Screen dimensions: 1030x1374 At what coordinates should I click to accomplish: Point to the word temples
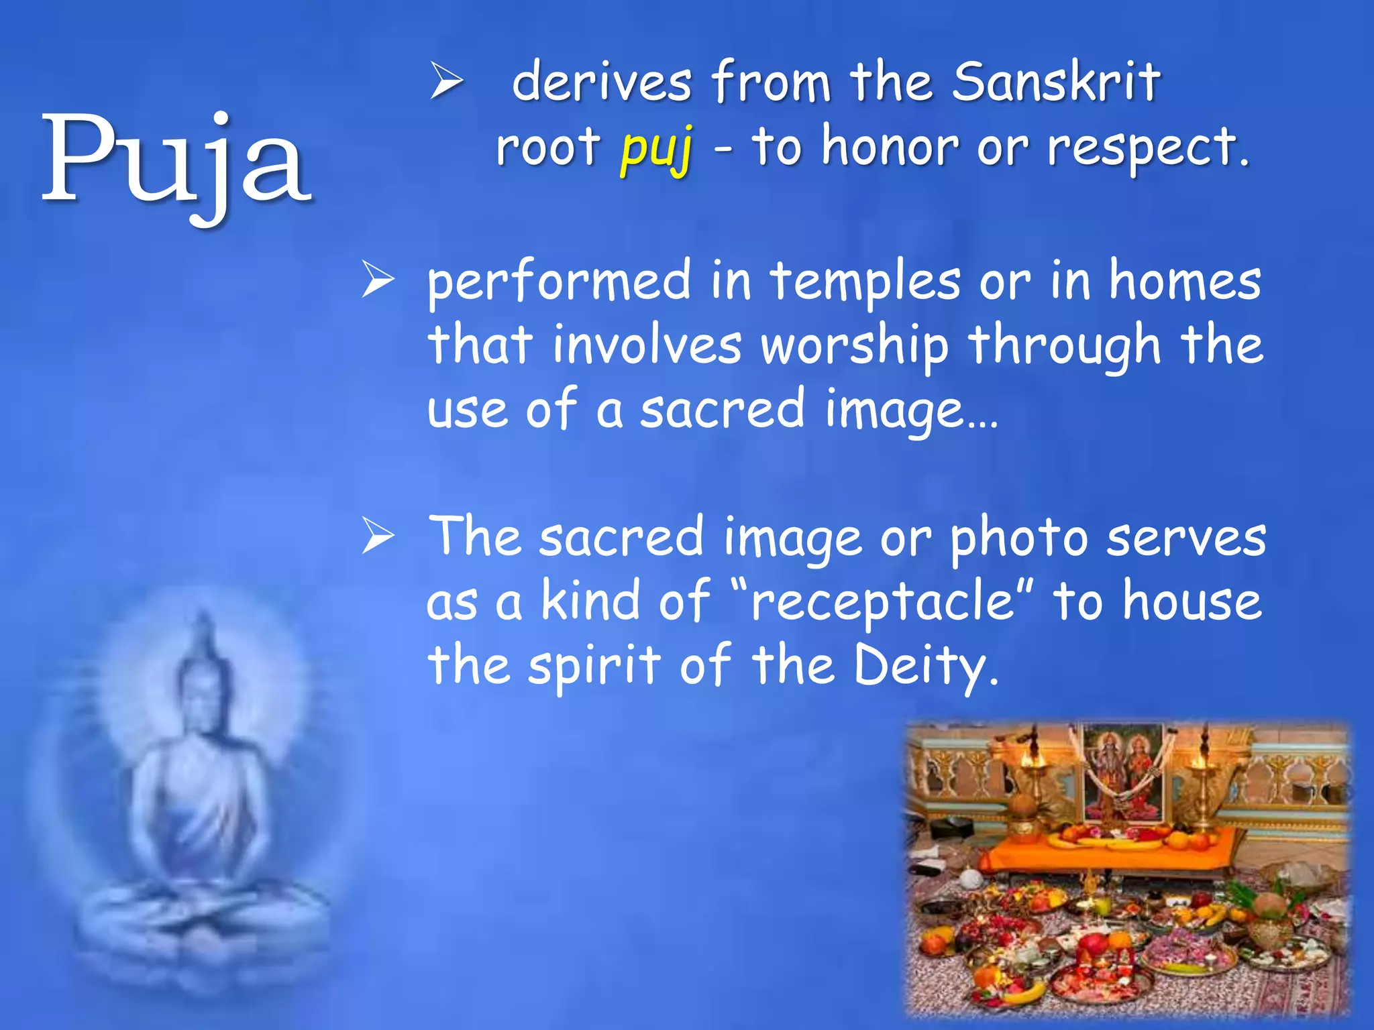[x=865, y=282]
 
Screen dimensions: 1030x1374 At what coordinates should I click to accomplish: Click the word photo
[x=1018, y=538]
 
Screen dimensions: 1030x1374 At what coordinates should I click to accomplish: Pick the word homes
[x=1184, y=282]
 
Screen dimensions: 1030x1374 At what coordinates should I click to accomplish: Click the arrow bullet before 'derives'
[x=446, y=82]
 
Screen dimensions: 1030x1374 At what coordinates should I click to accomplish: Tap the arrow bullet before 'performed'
[x=378, y=280]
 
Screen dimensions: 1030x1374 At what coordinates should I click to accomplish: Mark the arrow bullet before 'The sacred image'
[x=378, y=536]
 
